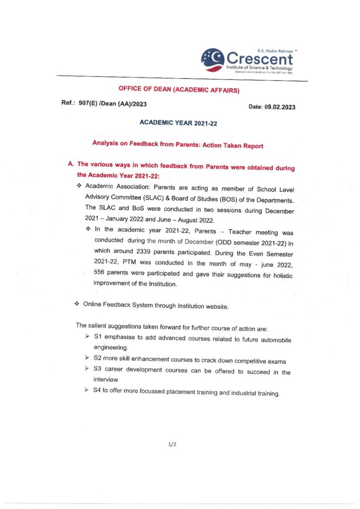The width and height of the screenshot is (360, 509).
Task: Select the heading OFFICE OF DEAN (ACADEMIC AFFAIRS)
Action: click(179, 90)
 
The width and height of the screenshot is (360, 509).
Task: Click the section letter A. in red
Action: click(71, 164)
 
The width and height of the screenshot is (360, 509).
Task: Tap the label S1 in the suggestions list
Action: click(97, 338)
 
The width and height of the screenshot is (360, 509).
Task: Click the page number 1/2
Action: click(173, 444)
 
